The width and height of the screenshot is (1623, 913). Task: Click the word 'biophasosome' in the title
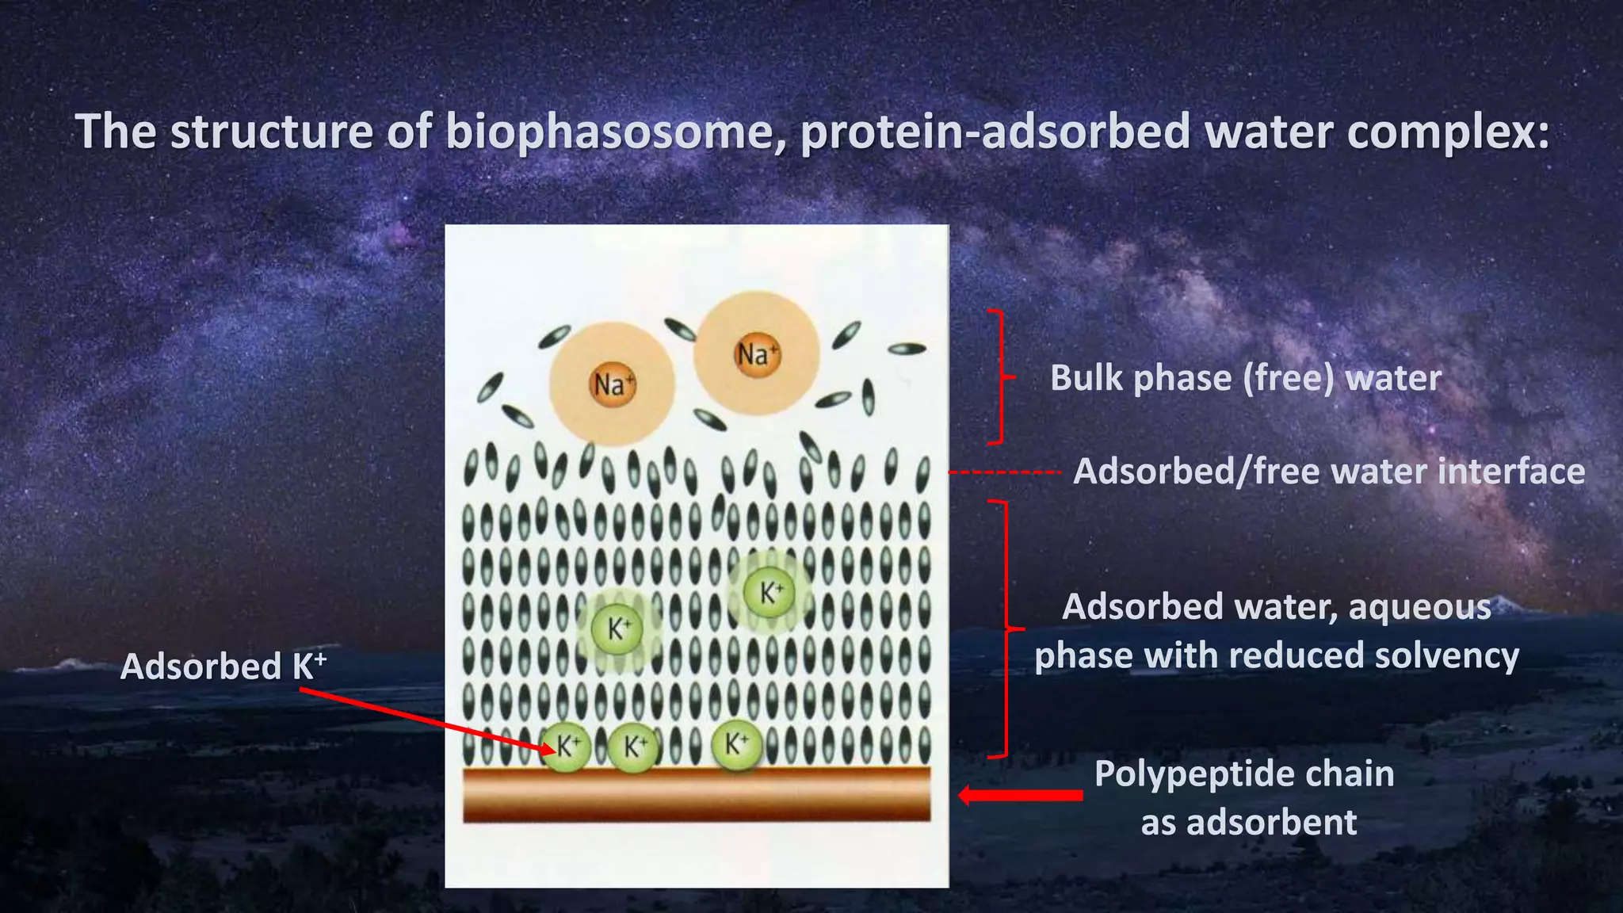coord(609,132)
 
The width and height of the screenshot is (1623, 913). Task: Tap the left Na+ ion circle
coord(612,384)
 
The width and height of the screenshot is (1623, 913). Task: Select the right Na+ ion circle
coord(756,353)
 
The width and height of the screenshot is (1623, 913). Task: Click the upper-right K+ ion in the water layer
coord(770,592)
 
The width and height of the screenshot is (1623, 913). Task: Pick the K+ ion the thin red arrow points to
coord(567,747)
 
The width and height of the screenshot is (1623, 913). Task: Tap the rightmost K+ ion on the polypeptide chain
coord(736,745)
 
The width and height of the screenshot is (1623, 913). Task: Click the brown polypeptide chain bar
coord(697,793)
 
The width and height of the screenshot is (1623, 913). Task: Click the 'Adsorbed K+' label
coord(223,667)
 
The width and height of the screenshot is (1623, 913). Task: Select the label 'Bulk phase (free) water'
coord(1245,378)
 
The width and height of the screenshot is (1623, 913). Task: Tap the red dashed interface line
coord(1004,472)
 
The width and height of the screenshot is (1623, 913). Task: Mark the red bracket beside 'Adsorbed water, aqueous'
coord(1007,628)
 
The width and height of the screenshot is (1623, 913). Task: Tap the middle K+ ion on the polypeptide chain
coord(633,747)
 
